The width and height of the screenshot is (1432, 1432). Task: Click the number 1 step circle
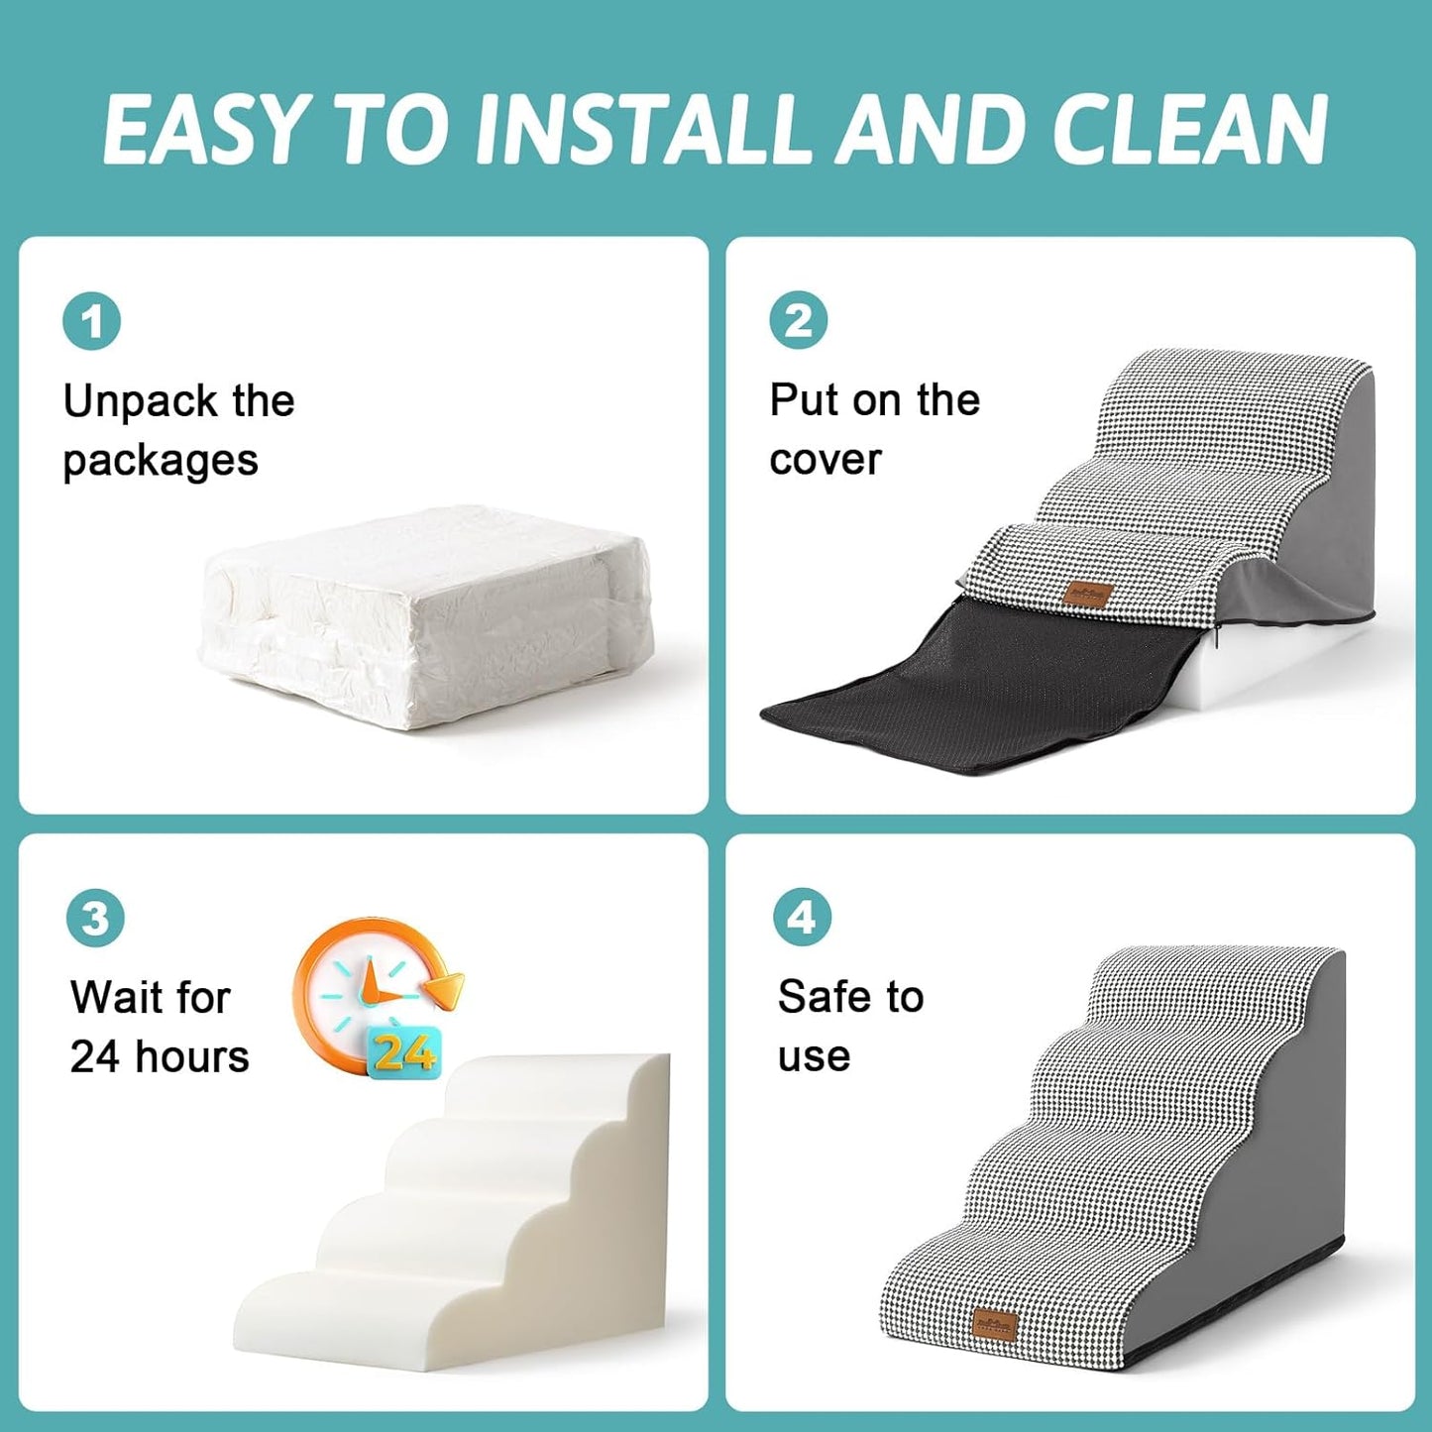click(92, 322)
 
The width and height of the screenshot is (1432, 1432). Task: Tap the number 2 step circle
click(798, 321)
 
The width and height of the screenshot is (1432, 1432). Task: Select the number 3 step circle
click(95, 918)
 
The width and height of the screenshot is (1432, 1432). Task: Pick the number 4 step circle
click(801, 918)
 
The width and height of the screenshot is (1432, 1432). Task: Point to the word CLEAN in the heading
click(1189, 130)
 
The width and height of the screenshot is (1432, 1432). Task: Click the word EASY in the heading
click(204, 130)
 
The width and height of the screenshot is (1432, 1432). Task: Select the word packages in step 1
click(161, 462)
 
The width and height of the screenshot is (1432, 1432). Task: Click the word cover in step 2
click(825, 460)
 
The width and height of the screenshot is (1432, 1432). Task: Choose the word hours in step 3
click(192, 1056)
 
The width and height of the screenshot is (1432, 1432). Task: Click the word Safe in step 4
click(828, 997)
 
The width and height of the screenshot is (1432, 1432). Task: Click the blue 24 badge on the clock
click(403, 1052)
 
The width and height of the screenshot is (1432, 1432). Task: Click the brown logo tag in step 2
click(1088, 594)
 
